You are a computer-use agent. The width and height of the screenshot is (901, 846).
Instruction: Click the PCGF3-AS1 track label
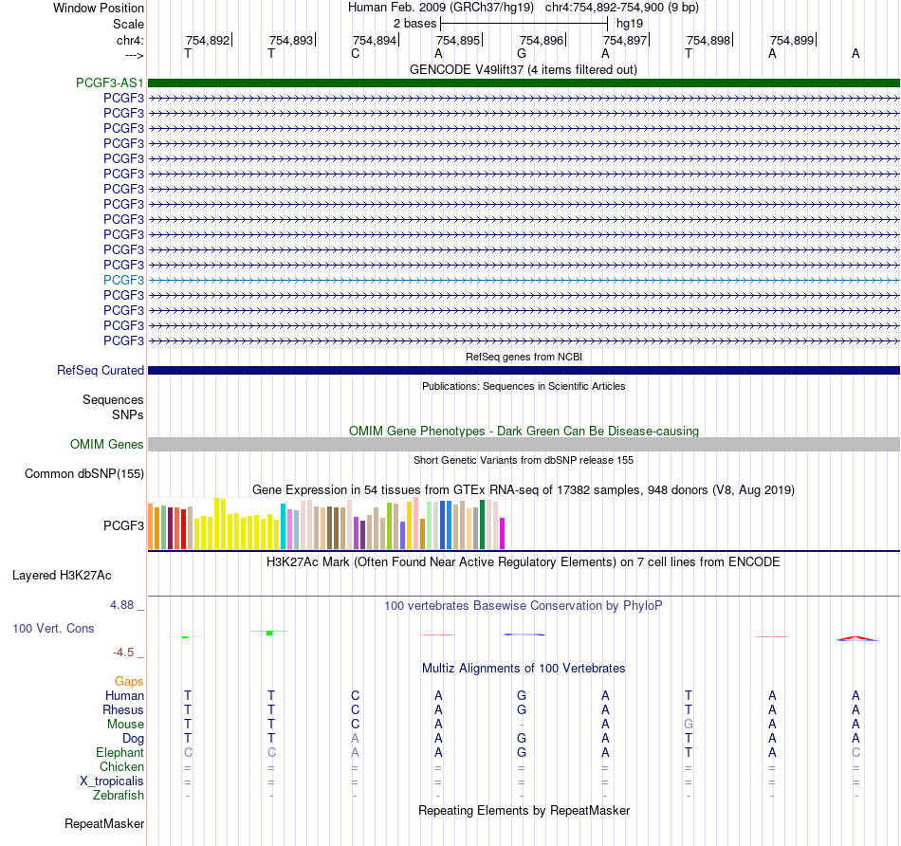[x=110, y=83]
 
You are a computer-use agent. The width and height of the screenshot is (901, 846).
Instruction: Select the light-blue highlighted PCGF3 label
[x=123, y=280]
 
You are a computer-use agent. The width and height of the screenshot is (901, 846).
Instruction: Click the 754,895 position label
[x=458, y=40]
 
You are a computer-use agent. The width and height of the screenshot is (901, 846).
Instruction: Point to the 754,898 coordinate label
[x=708, y=40]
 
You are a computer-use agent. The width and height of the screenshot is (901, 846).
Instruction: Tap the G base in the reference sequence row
[x=522, y=53]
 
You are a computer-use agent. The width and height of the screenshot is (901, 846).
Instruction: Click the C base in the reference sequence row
[x=355, y=53]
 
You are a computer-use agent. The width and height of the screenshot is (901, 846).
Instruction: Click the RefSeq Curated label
[x=101, y=370]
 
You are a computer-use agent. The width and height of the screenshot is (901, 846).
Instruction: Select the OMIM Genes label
[x=107, y=444]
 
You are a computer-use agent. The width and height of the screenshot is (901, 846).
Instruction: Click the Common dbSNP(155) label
[x=84, y=473]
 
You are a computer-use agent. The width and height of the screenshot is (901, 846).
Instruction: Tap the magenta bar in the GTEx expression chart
[x=502, y=533]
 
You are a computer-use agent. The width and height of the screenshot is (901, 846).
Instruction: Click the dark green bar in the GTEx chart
[x=482, y=524]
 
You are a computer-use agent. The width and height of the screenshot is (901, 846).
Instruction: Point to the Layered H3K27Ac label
[x=62, y=576]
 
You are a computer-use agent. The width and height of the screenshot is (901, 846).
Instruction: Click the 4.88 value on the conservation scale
[x=121, y=604]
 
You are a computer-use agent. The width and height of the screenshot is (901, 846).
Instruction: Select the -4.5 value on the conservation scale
[x=123, y=653]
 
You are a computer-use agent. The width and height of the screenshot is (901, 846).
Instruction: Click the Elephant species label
[x=120, y=752]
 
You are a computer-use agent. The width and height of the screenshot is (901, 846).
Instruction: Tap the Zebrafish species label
[x=119, y=795]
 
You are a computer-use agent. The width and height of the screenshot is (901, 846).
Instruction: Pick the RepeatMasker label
[x=104, y=823]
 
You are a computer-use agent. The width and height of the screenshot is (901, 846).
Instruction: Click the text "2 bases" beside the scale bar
[x=414, y=24]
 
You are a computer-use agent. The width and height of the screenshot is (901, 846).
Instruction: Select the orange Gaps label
[x=129, y=682]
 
